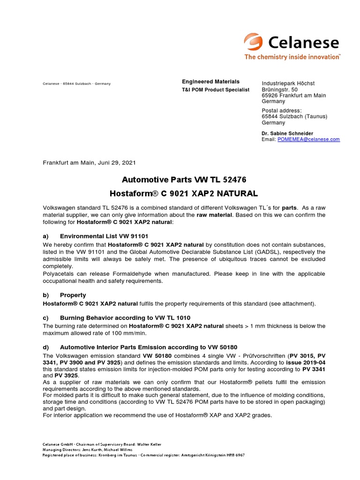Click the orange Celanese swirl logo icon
click(x=254, y=43)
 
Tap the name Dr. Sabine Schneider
click(x=287, y=133)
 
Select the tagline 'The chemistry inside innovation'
click(x=292, y=57)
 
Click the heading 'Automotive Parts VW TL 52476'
click(x=184, y=180)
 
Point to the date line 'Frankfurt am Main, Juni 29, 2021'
click(x=89, y=163)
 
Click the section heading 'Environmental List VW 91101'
click(x=104, y=236)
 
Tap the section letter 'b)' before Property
click(x=46, y=295)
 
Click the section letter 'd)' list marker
click(x=46, y=347)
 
